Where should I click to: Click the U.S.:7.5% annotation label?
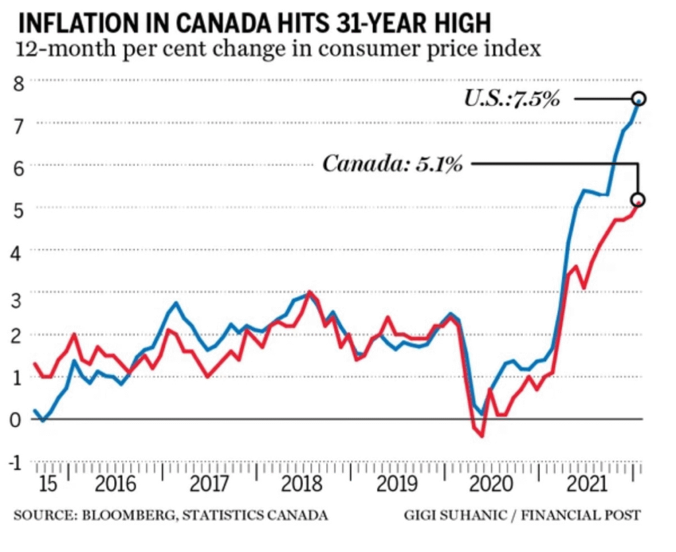click(x=512, y=100)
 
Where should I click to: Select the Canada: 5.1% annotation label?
click(x=392, y=164)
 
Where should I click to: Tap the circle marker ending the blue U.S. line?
click(x=638, y=99)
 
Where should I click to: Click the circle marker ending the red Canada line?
click(x=637, y=200)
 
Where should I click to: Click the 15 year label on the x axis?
click(x=48, y=485)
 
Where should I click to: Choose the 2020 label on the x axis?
click(x=489, y=485)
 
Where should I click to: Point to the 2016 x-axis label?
click(x=116, y=485)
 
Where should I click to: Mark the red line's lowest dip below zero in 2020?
click(x=483, y=436)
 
